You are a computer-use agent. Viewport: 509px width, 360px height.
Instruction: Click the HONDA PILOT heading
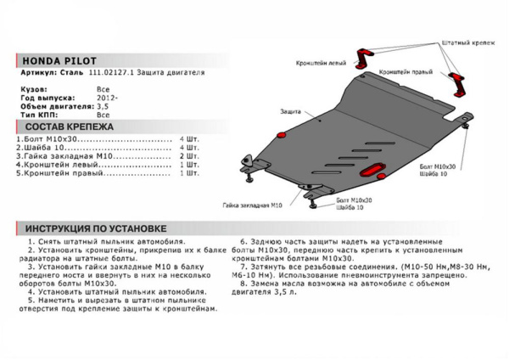59,61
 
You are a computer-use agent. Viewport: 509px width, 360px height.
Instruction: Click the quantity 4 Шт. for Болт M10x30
189,138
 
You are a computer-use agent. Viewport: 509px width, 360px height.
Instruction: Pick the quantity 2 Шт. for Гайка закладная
189,156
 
